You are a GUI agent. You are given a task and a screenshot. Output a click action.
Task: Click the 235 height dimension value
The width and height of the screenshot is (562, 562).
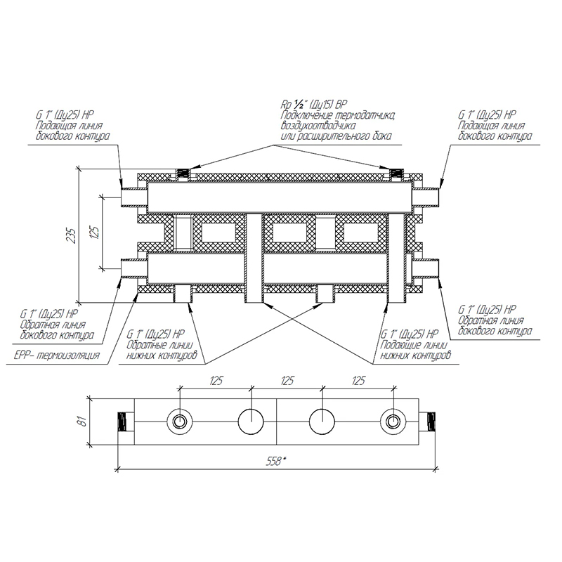72,235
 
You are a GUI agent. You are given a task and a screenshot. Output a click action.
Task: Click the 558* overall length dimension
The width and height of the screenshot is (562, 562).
275,462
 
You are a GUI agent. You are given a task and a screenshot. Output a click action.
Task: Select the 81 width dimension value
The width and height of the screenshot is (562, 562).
83,421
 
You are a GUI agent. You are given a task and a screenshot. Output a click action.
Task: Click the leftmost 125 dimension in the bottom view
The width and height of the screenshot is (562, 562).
216,380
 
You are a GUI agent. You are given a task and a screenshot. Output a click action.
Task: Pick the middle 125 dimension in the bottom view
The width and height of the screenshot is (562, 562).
287,380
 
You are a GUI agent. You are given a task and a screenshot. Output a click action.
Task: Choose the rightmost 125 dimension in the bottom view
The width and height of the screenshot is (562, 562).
358,380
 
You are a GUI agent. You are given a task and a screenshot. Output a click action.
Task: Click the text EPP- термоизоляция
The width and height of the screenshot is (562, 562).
57,356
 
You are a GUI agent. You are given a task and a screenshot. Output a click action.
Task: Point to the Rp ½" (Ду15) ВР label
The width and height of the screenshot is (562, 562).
313,105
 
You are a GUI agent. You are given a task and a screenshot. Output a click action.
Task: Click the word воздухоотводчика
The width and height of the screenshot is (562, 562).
318,126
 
